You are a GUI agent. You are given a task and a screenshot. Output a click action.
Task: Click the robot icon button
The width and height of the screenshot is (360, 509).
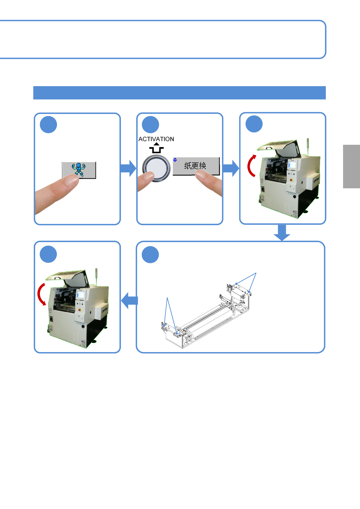(x=79, y=170)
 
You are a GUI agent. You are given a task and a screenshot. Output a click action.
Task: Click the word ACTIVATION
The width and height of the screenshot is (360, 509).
(x=156, y=139)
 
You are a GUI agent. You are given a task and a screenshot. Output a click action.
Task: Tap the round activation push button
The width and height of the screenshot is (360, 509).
(x=156, y=168)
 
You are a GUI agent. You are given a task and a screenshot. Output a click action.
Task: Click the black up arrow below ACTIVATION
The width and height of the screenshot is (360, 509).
(x=156, y=148)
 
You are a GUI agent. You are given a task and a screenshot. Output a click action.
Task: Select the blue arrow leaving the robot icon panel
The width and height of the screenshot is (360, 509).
(x=128, y=168)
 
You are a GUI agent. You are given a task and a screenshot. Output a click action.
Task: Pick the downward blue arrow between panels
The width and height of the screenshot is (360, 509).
(x=282, y=232)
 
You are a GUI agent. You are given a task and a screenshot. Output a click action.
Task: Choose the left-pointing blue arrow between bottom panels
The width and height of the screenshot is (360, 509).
(x=129, y=300)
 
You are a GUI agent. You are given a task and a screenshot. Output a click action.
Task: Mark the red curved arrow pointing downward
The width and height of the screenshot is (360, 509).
(x=41, y=294)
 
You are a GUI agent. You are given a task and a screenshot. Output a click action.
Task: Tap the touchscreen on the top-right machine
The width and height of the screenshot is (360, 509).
(x=292, y=165)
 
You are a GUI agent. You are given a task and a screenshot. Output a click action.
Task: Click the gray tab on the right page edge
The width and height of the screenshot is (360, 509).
(x=351, y=167)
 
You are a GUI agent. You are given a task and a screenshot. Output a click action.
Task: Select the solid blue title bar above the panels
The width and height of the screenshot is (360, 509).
(x=179, y=93)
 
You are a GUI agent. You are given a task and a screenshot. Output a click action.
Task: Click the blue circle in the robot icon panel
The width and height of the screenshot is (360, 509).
(x=48, y=125)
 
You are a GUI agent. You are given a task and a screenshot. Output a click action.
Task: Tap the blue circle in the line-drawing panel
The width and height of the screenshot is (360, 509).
(x=150, y=254)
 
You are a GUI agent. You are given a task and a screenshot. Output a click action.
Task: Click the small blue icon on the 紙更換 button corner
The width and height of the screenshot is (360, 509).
(x=175, y=160)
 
